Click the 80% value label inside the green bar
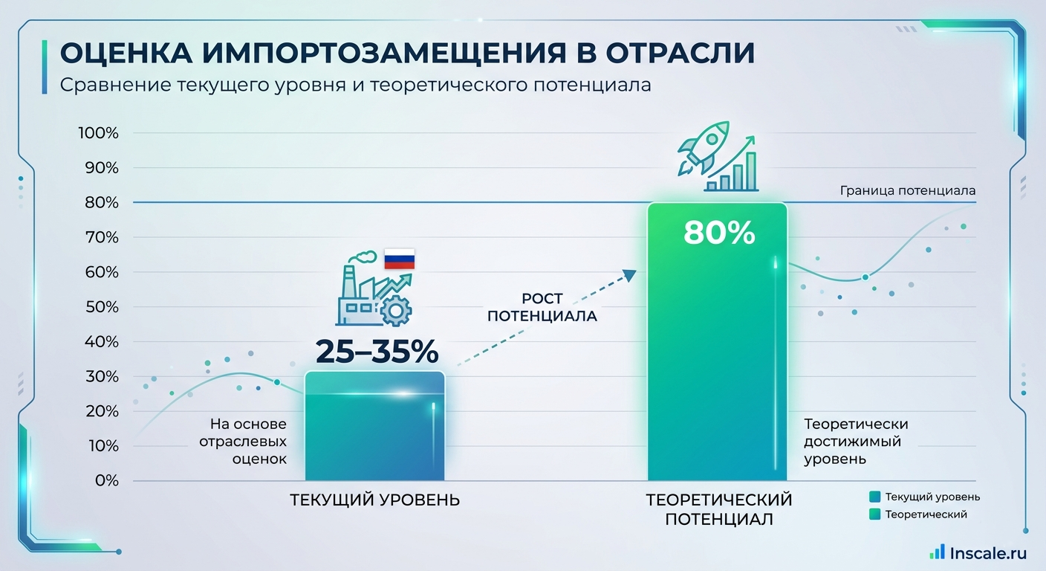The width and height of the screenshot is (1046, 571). pyautogui.click(x=718, y=233)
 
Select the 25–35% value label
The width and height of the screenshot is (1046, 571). pyautogui.click(x=377, y=352)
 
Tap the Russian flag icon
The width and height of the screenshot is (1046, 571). pyautogui.click(x=399, y=259)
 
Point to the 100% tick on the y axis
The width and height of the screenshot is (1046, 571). pyautogui.click(x=98, y=133)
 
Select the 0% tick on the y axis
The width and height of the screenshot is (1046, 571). pyautogui.click(x=105, y=481)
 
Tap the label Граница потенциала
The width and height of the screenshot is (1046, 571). pyautogui.click(x=908, y=190)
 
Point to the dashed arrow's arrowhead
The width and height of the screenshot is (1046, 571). pyautogui.click(x=629, y=274)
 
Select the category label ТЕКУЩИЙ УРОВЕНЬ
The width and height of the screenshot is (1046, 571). pyautogui.click(x=374, y=500)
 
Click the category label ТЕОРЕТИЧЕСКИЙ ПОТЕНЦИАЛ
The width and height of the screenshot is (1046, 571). pyautogui.click(x=718, y=509)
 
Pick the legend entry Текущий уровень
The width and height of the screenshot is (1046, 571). pyautogui.click(x=932, y=497)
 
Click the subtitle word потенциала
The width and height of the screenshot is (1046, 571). pyautogui.click(x=592, y=86)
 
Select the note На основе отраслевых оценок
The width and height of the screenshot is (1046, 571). pyautogui.click(x=247, y=442)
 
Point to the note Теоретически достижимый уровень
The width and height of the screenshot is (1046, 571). pyautogui.click(x=856, y=442)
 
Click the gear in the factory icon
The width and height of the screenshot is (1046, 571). pyautogui.click(x=395, y=311)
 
